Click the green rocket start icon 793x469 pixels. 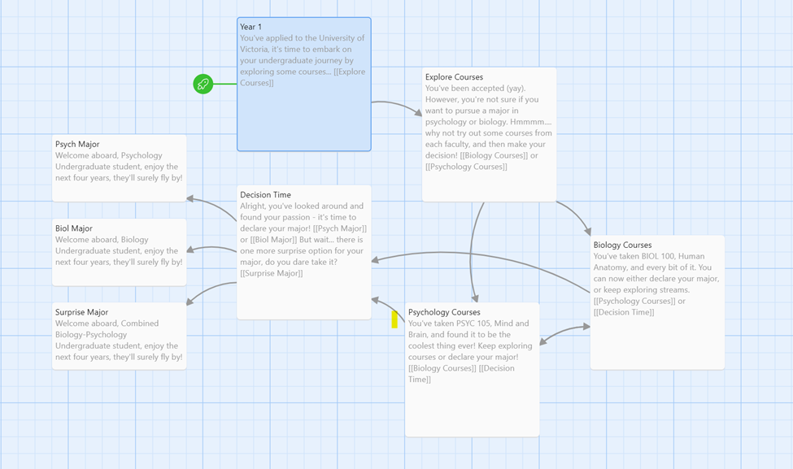click(x=203, y=84)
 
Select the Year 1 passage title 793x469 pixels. click(x=251, y=27)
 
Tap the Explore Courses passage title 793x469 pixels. click(x=454, y=77)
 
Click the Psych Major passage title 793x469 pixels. click(x=77, y=144)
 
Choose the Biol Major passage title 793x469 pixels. click(x=74, y=228)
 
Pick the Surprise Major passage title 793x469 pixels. click(x=81, y=312)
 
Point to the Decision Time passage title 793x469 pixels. click(x=265, y=194)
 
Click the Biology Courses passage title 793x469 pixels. click(x=622, y=245)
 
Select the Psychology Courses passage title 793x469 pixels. click(x=444, y=312)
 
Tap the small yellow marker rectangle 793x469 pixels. click(x=394, y=319)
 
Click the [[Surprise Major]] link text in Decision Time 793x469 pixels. click(x=272, y=273)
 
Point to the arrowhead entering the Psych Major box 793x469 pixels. click(x=190, y=198)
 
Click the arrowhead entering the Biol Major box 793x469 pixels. click(x=190, y=250)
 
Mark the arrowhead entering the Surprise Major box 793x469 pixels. click(x=190, y=302)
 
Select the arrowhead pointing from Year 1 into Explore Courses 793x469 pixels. click(x=418, y=113)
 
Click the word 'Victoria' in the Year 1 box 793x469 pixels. click(x=254, y=49)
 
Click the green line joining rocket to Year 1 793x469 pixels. click(x=225, y=84)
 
